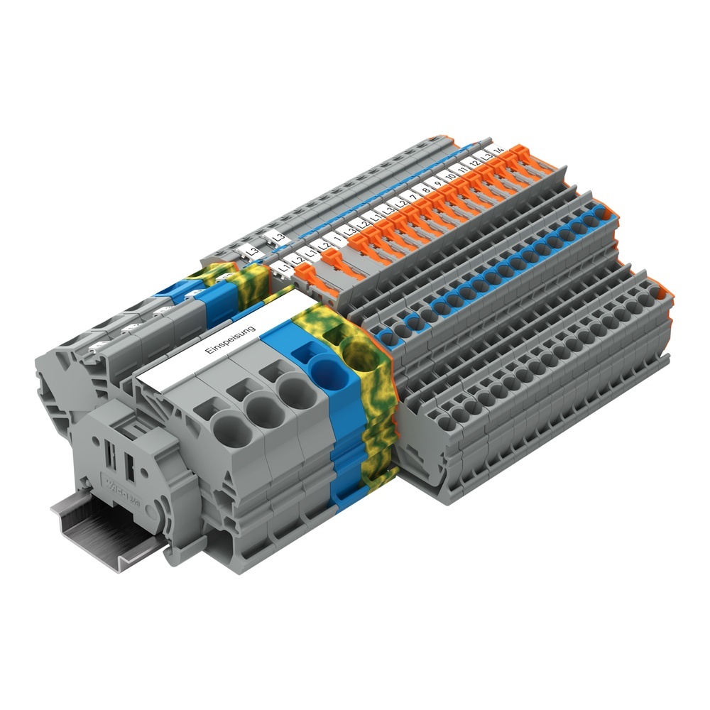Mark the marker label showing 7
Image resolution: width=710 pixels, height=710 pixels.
click(413, 197)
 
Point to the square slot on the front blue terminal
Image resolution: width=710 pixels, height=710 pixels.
click(301, 353)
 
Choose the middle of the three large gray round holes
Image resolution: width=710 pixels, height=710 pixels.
click(258, 410)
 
